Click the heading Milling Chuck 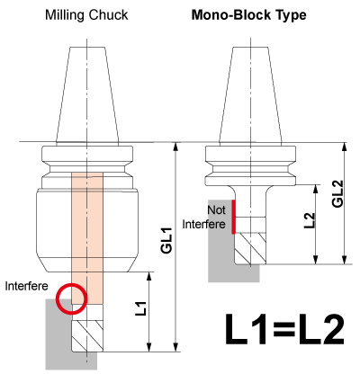[86, 15]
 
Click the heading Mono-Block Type [248, 15]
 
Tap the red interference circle [71, 298]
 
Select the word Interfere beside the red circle [26, 286]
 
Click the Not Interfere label [204, 217]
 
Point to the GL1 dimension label [166, 240]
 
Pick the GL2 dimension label [338, 193]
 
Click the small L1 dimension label [141, 308]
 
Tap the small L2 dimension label [310, 220]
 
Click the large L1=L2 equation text [284, 329]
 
